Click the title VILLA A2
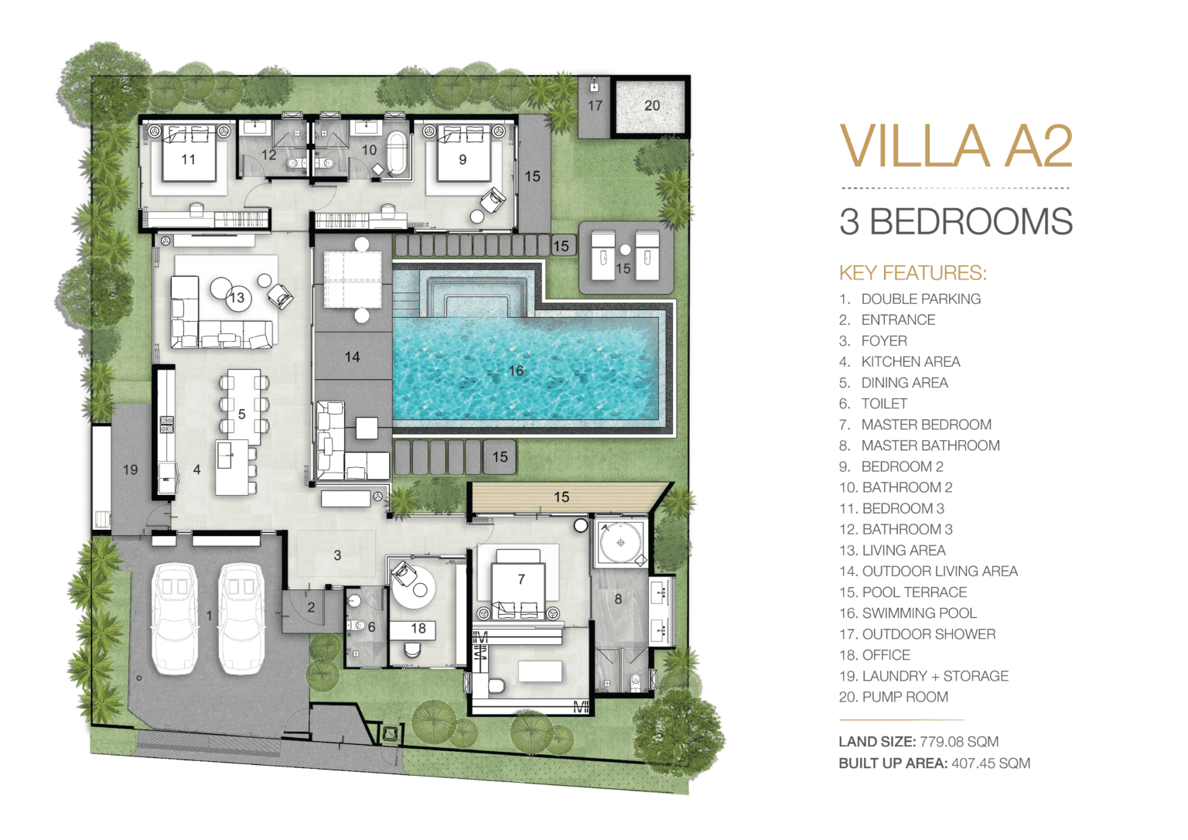pos(956,146)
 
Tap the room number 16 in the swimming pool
pos(516,370)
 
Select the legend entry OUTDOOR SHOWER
pos(929,633)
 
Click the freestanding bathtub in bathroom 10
pos(395,153)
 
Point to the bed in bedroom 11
pos(189,153)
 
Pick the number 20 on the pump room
pos(652,105)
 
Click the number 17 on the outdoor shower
pos(595,105)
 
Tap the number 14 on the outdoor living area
pos(352,357)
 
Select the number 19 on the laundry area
pos(131,470)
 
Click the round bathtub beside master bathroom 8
pos(620,542)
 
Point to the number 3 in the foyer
pos(337,555)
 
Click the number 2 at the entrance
pos(312,607)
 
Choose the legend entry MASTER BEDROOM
pos(926,424)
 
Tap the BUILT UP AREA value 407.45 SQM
pos(991,763)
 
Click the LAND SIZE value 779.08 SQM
pos(959,741)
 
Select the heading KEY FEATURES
pos(913,272)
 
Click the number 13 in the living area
pos(237,298)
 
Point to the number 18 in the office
pos(418,628)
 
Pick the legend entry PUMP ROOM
pos(905,697)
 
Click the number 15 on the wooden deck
pos(561,497)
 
